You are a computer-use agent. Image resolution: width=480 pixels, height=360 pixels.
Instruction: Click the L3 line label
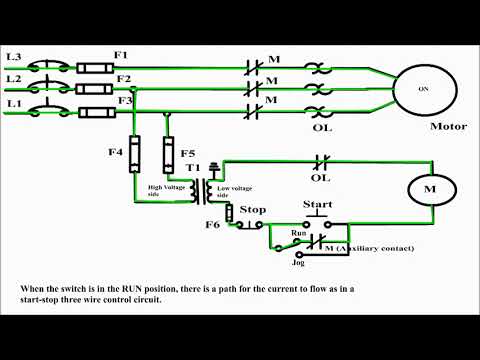(x=13, y=56)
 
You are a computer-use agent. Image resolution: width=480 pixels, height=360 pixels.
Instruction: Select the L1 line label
(x=13, y=103)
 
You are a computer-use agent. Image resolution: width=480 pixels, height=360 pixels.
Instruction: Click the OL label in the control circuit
(x=320, y=178)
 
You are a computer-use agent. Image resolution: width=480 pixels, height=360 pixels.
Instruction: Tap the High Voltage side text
(x=168, y=191)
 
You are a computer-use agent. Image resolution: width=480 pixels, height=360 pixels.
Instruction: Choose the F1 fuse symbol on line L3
(x=95, y=66)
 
